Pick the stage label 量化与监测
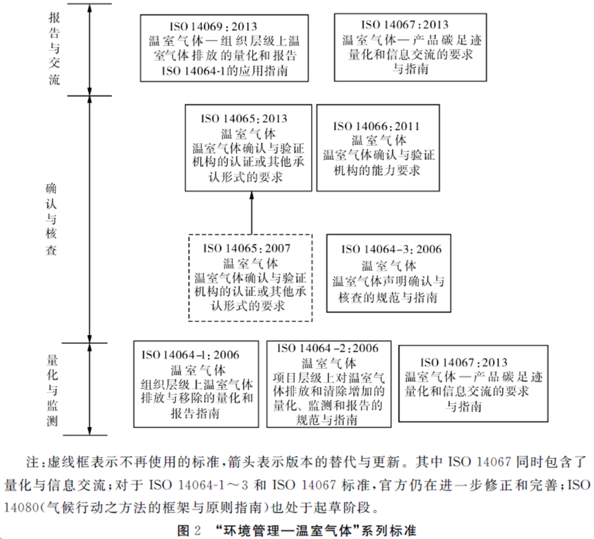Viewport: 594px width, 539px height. pyautogui.click(x=55, y=389)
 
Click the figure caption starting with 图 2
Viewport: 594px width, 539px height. pyautogui.click(x=297, y=530)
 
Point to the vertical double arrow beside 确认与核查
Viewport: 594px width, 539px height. pyautogui.click(x=91, y=219)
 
